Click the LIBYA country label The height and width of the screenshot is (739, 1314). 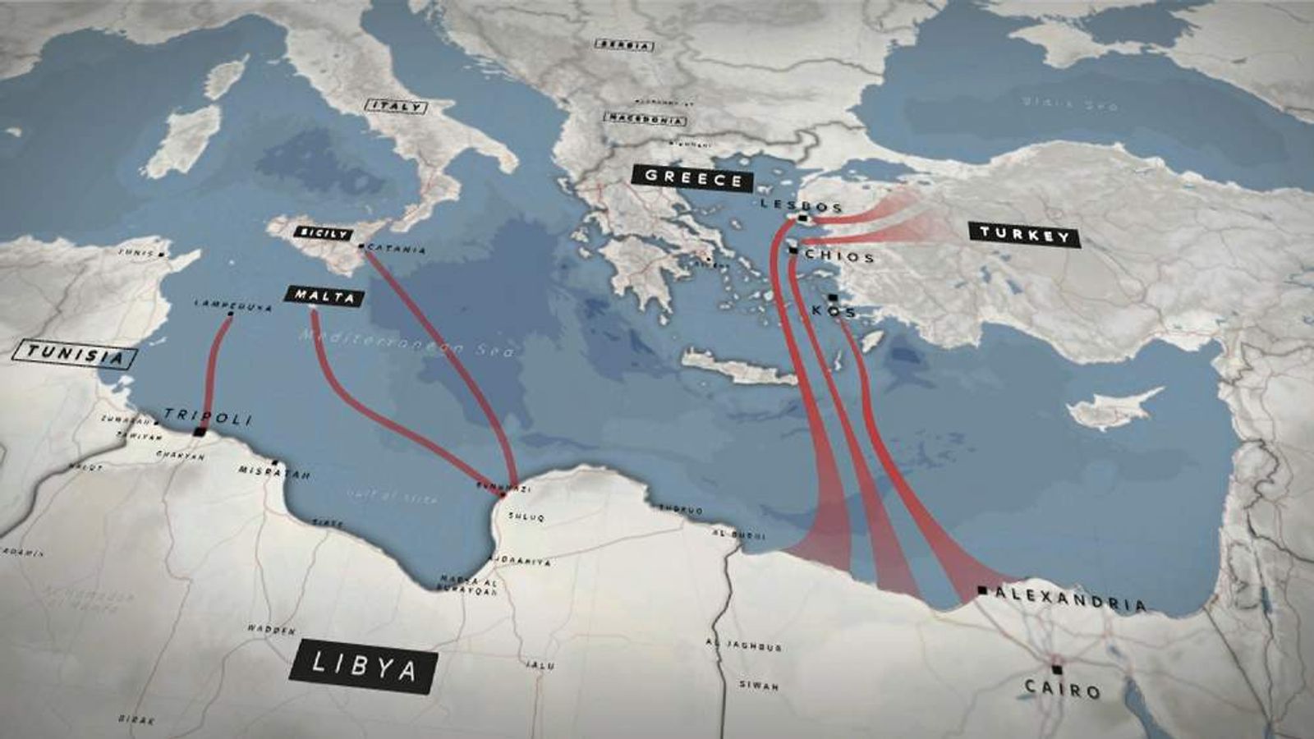(362, 666)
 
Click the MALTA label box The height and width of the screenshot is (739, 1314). (324, 296)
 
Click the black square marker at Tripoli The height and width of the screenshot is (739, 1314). (199, 431)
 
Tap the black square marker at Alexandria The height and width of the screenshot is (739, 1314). (982, 590)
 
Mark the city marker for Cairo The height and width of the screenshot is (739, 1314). (1057, 669)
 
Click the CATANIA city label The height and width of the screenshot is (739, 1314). (397, 250)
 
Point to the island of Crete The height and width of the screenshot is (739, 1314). (738, 367)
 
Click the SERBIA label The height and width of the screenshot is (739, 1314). (625, 45)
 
